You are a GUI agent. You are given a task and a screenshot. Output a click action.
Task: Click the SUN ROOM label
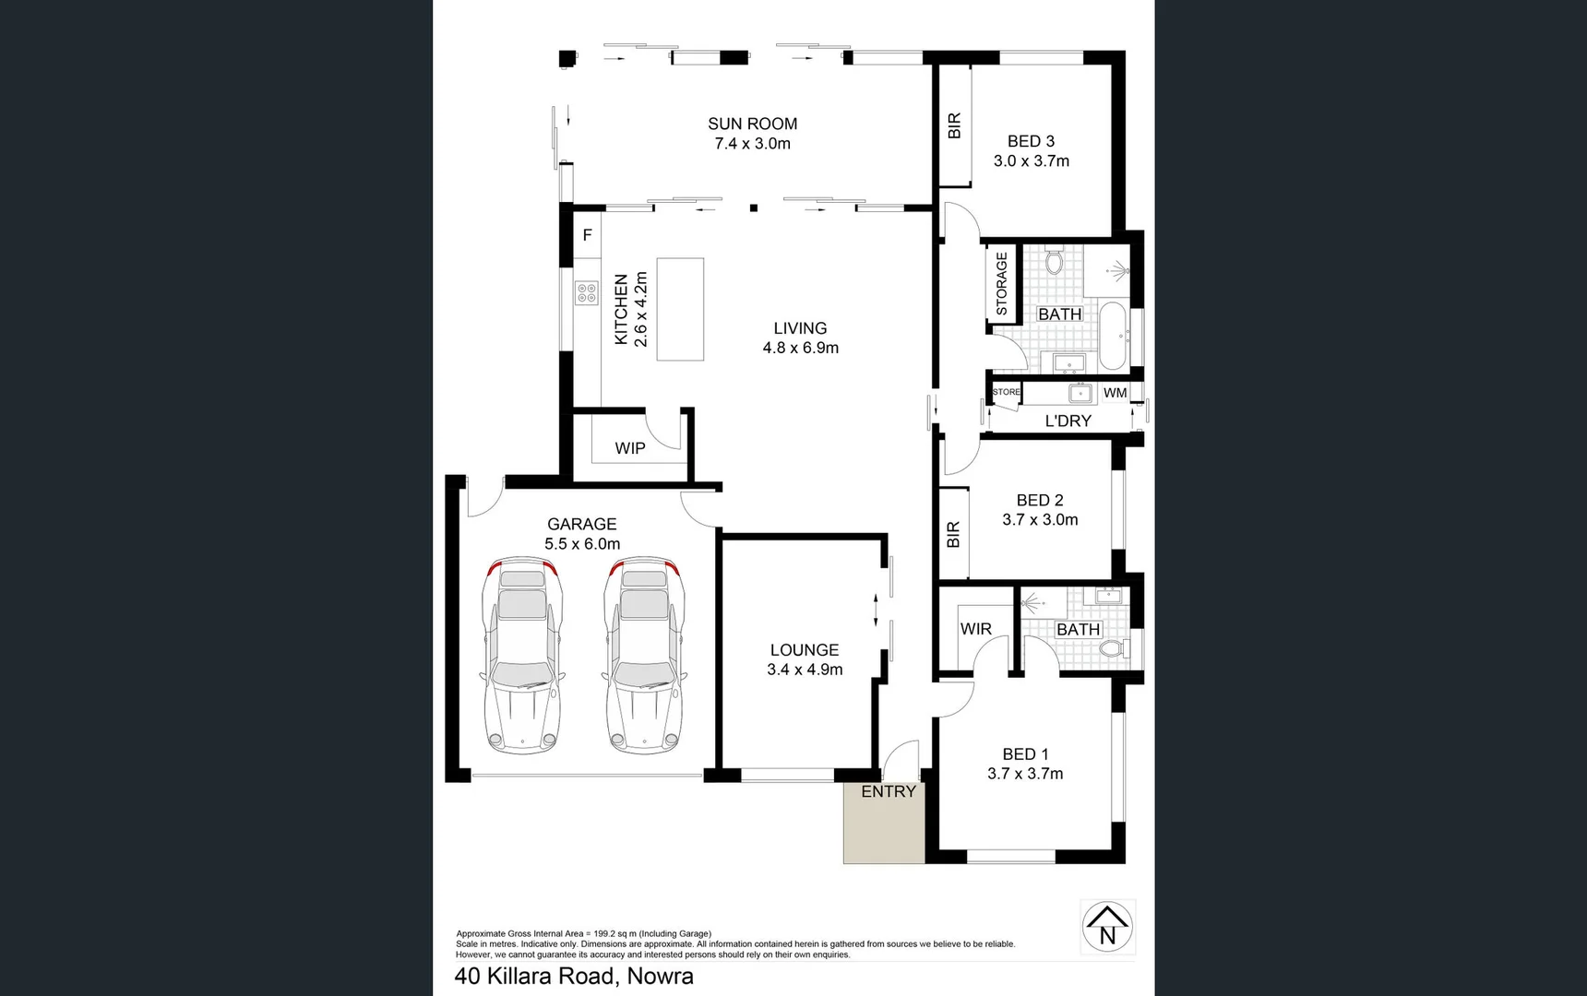tap(752, 124)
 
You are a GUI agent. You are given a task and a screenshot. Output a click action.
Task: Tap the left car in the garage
tap(522, 655)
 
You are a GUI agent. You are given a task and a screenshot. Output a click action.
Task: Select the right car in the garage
tap(645, 655)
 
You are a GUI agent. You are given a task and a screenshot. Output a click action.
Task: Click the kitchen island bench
tap(680, 309)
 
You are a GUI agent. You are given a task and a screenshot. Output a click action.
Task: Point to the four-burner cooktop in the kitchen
tap(587, 293)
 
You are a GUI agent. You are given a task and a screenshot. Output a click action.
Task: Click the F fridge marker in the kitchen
tap(587, 235)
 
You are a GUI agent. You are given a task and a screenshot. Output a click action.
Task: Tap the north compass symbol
tap(1107, 926)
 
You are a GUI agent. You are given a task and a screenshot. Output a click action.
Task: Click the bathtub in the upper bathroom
tap(1113, 336)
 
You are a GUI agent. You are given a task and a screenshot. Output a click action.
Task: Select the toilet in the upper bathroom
tap(1056, 262)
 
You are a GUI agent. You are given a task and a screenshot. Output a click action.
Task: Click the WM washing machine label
tap(1115, 393)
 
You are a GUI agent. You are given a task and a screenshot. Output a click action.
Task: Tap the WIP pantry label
tap(630, 448)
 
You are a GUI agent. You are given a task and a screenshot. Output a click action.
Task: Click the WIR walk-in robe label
tap(975, 629)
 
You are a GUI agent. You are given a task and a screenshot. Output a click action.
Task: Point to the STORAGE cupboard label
tap(1002, 283)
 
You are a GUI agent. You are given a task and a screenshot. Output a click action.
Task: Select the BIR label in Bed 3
tap(955, 125)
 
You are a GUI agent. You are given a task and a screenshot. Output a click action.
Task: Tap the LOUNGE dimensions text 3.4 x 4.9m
tap(805, 670)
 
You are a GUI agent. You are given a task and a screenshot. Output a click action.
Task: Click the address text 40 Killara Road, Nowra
tap(574, 976)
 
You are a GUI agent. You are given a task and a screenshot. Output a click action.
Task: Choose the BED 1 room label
tap(1025, 754)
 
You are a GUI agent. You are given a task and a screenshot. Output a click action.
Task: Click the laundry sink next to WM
tap(1080, 394)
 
